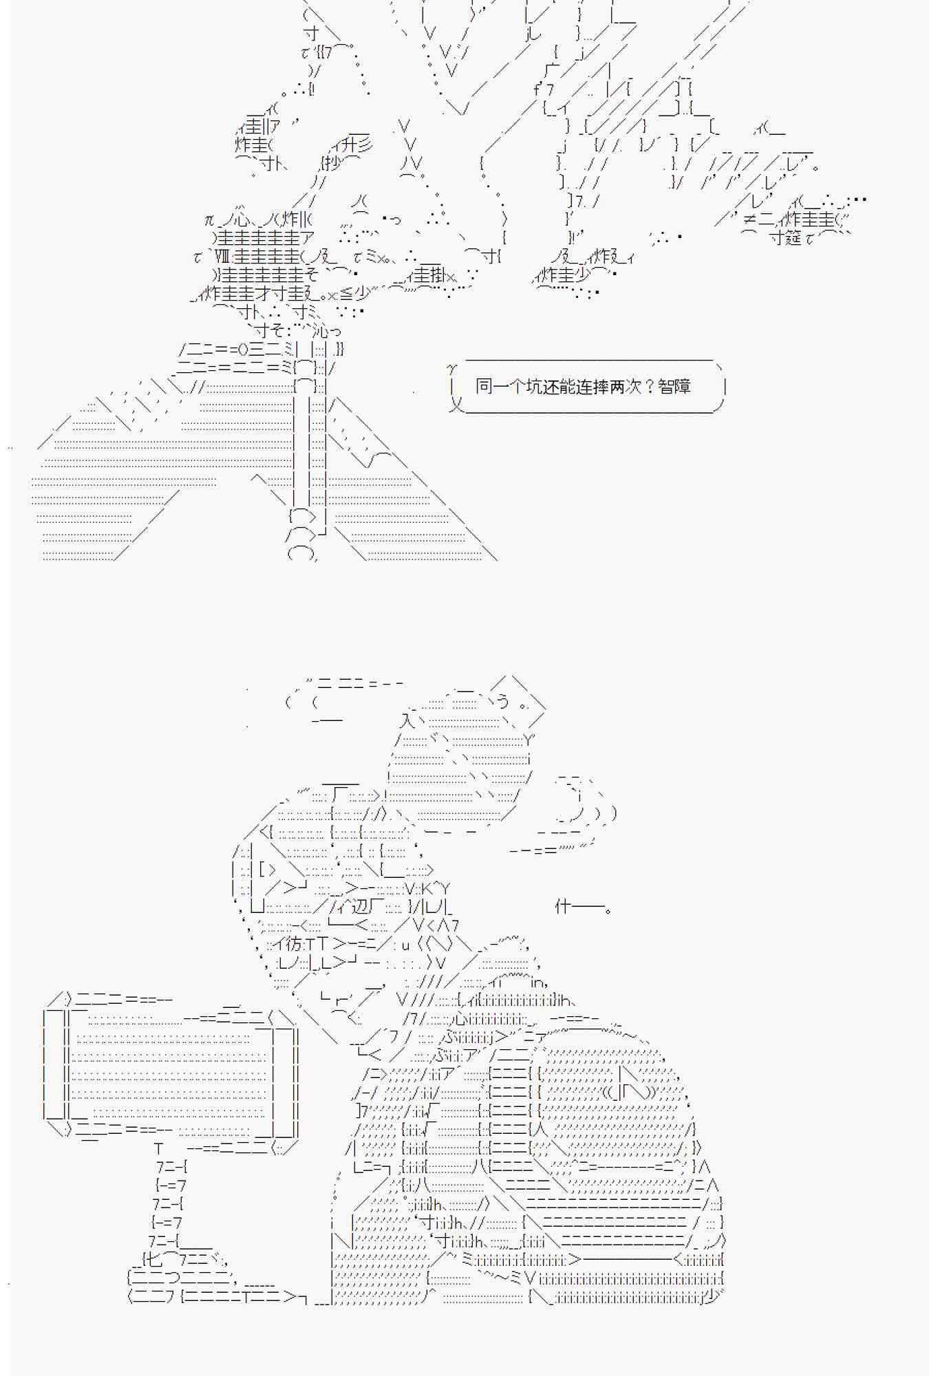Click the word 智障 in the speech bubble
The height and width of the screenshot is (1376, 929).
(674, 386)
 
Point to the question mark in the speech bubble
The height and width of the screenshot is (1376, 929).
(648, 386)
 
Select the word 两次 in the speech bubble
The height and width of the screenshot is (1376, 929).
(625, 386)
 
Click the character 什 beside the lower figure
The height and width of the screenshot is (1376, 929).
(563, 907)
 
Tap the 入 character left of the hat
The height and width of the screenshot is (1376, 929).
(407, 720)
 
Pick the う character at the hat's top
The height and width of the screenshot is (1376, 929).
(504, 701)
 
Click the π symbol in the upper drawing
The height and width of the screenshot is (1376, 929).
(210, 220)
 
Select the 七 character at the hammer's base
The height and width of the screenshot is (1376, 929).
(153, 1260)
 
